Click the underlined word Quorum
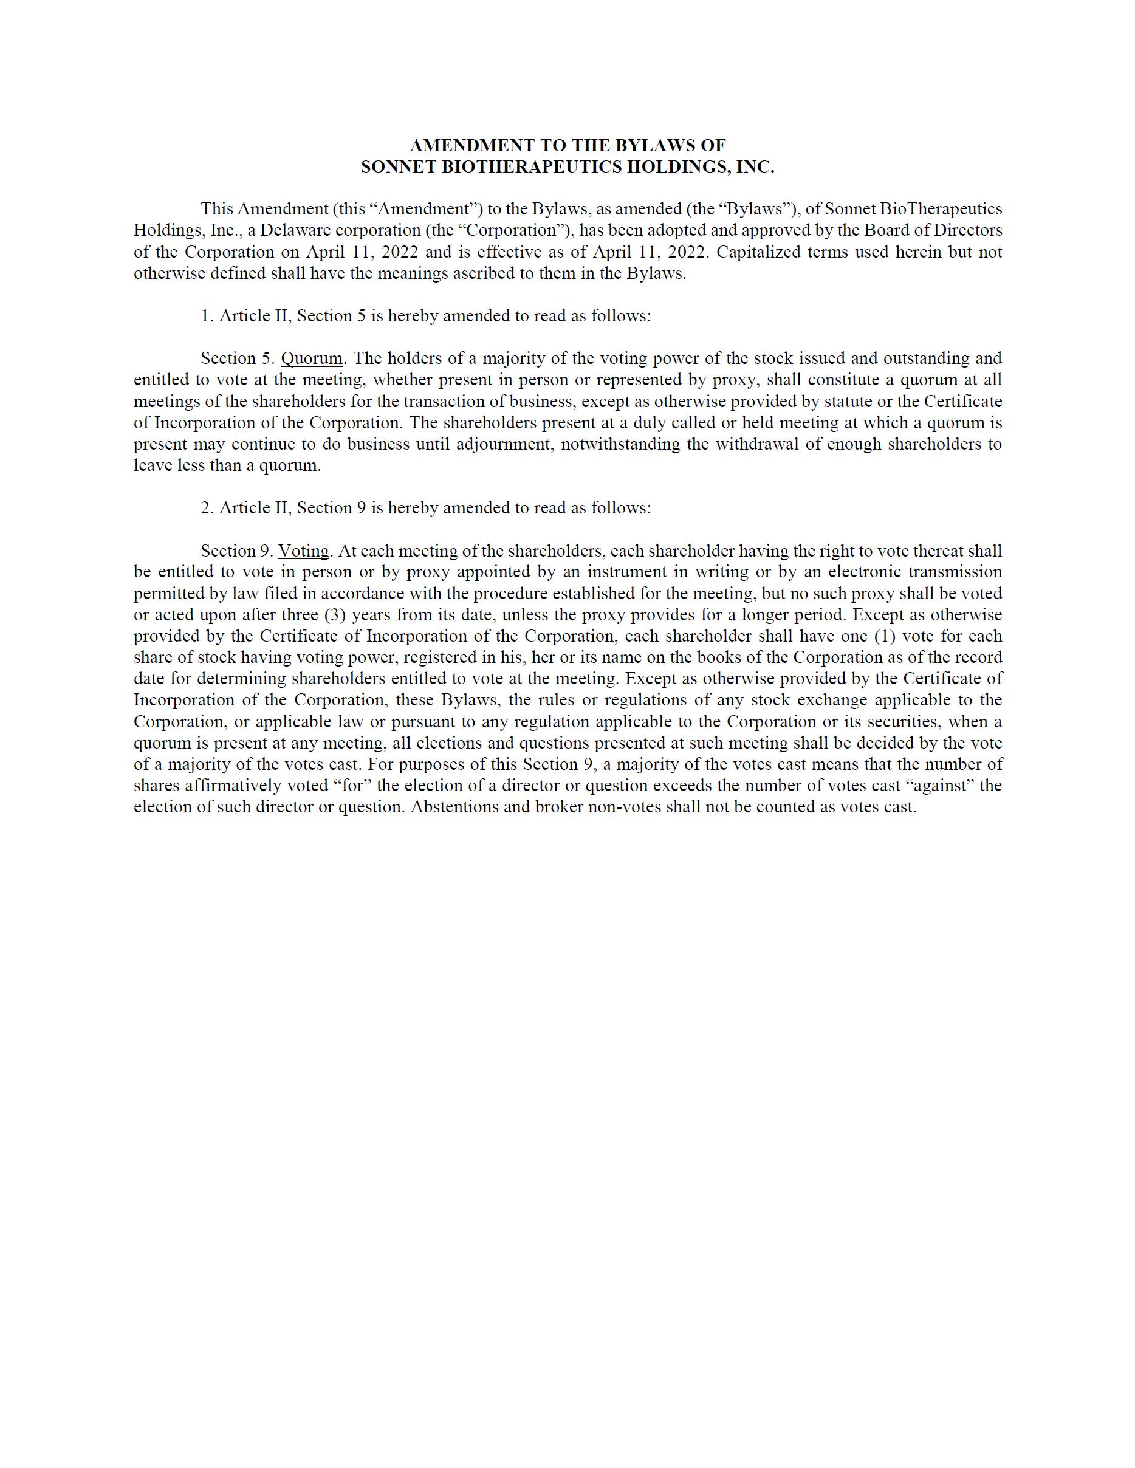311,358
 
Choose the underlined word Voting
304,551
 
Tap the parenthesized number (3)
335,615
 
